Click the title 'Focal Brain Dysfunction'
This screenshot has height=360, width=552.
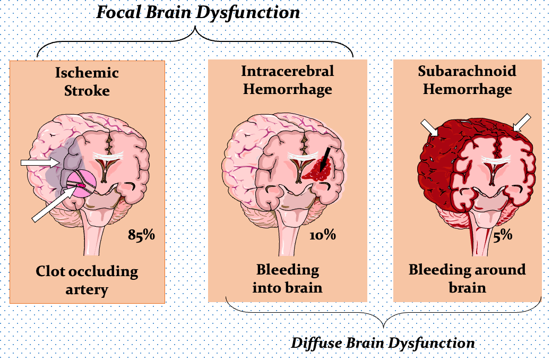[198, 12]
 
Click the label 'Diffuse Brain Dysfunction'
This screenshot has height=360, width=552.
[383, 342]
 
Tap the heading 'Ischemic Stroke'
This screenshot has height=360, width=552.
[87, 81]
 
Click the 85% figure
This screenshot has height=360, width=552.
[141, 234]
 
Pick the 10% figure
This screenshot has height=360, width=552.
[323, 234]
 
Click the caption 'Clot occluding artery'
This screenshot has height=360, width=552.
[87, 280]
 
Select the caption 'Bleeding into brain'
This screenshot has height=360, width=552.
[288, 278]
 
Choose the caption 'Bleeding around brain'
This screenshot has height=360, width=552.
[467, 278]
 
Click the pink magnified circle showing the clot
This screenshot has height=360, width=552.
[81, 183]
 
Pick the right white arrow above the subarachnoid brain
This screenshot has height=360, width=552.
[521, 122]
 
